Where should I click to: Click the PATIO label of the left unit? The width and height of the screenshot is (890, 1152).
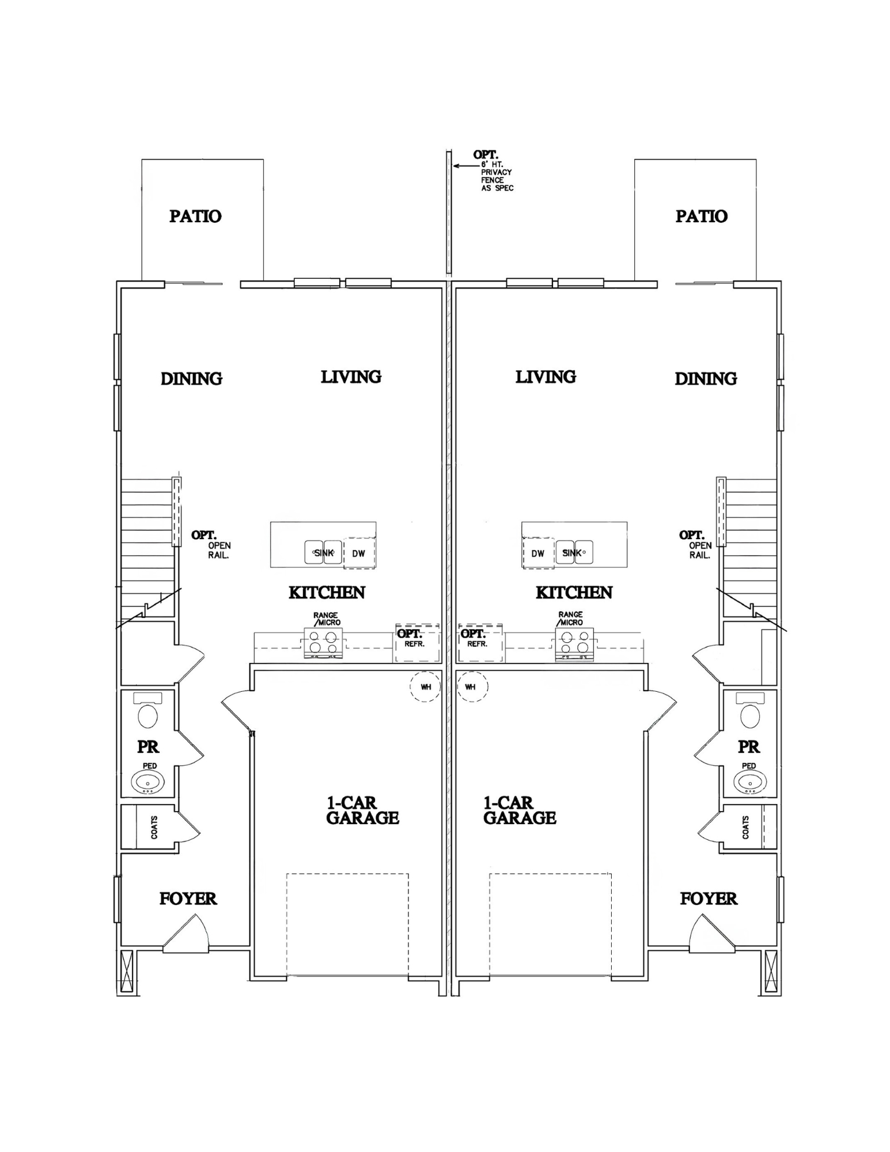[195, 216]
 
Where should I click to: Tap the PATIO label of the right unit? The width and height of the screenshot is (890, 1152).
[701, 216]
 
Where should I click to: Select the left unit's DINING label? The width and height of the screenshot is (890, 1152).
[191, 378]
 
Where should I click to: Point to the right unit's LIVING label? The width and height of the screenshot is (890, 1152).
[546, 377]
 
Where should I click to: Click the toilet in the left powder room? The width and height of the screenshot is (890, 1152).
[148, 711]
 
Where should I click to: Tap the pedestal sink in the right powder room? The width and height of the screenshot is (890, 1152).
[749, 782]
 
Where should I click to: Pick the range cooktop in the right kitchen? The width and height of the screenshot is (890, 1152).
[574, 643]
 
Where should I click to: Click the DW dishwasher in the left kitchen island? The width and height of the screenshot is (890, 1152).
[359, 554]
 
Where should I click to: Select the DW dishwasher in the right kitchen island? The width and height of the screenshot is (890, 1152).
[538, 554]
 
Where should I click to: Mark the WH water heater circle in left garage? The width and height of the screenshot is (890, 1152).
[426, 687]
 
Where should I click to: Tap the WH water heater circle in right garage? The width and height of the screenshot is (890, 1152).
[472, 687]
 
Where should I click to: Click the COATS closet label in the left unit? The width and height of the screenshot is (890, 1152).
[154, 827]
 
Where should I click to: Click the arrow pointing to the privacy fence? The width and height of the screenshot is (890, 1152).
[465, 166]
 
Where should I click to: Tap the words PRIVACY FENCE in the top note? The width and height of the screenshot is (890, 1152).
[497, 176]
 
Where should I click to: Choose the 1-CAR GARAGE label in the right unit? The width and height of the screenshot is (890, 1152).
[520, 810]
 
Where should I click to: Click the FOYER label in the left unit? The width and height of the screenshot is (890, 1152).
[188, 899]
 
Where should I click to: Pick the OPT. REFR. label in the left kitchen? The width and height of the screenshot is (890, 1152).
[410, 638]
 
